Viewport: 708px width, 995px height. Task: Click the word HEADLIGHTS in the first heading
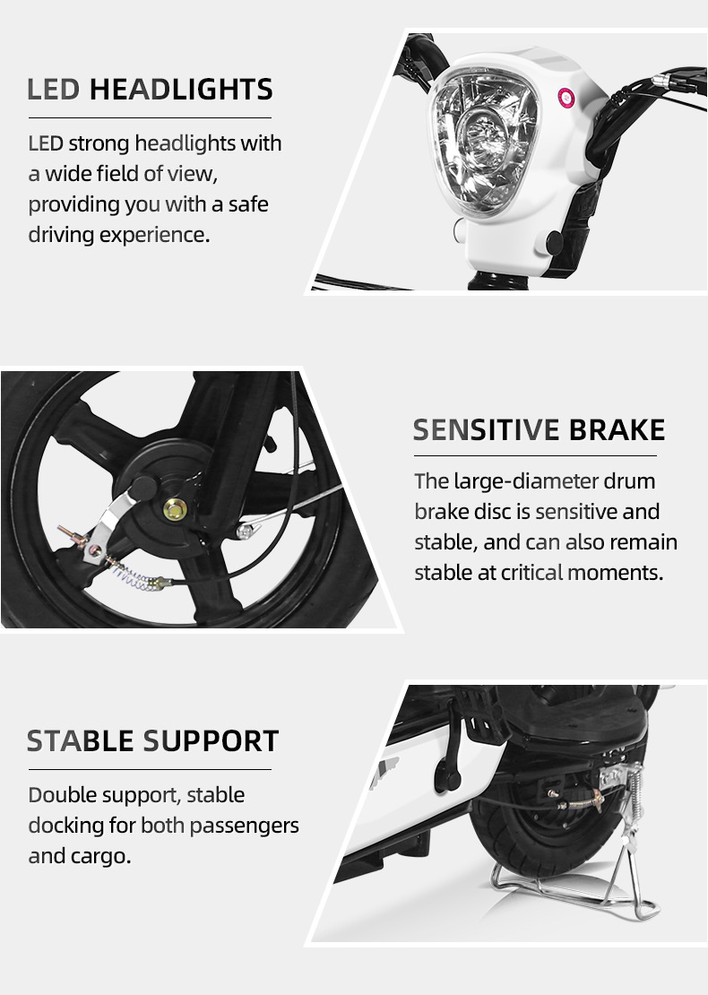(x=181, y=90)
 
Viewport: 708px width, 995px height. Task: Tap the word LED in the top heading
(x=53, y=90)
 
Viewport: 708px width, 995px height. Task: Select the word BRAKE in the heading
(x=617, y=430)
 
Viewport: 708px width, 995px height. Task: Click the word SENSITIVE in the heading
(x=487, y=430)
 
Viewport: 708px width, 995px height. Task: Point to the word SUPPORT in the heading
(x=211, y=741)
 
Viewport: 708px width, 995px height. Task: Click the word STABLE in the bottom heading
(x=80, y=741)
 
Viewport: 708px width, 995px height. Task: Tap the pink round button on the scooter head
(x=566, y=98)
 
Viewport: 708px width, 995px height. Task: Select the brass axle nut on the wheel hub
(x=175, y=507)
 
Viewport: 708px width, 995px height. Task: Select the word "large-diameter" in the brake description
(x=526, y=481)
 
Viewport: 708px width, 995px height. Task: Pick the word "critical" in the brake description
(x=531, y=573)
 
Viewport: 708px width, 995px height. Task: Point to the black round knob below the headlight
(x=554, y=242)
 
